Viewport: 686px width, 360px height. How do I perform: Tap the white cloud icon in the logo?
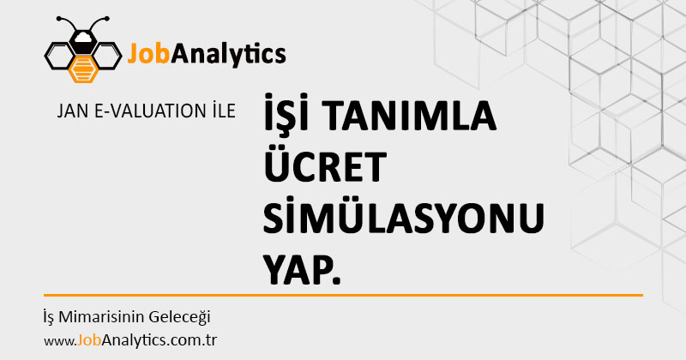(x=83, y=37)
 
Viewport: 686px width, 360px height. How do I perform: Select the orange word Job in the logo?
(x=148, y=54)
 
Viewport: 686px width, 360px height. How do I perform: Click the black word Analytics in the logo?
(x=228, y=56)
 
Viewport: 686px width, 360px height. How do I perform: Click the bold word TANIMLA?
(x=412, y=116)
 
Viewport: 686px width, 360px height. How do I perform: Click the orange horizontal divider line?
(x=343, y=295)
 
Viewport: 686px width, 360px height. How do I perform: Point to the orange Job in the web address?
(x=89, y=340)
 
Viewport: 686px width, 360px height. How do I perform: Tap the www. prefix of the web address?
(x=60, y=341)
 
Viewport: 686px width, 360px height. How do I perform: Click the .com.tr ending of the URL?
(x=191, y=341)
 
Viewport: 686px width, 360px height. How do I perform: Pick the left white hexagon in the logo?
(x=59, y=56)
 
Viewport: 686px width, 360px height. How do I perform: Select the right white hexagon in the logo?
(x=106, y=56)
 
